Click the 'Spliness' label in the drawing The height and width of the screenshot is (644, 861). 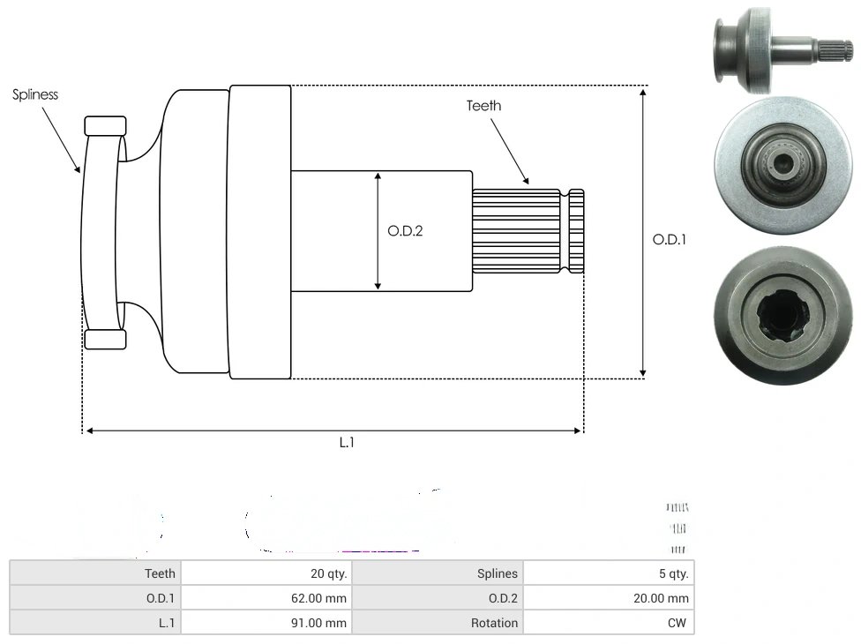(35, 94)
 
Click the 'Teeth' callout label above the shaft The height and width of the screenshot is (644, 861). (483, 106)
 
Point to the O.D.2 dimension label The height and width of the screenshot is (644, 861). (405, 231)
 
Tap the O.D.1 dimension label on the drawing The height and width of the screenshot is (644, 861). (669, 239)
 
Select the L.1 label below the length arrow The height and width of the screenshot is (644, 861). (347, 443)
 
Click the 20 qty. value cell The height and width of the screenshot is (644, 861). (266, 573)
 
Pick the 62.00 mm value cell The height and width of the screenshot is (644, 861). (266, 598)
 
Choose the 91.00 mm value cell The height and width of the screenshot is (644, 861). (266, 623)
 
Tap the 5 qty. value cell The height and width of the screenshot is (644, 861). (608, 573)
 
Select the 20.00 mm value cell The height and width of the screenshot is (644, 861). (608, 598)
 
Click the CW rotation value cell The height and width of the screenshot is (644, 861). (608, 623)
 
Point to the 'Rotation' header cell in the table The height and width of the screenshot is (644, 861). (438, 623)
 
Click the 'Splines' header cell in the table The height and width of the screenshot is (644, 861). (438, 573)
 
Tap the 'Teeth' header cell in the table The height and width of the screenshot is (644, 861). (95, 573)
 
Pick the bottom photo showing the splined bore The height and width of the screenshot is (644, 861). (782, 318)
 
